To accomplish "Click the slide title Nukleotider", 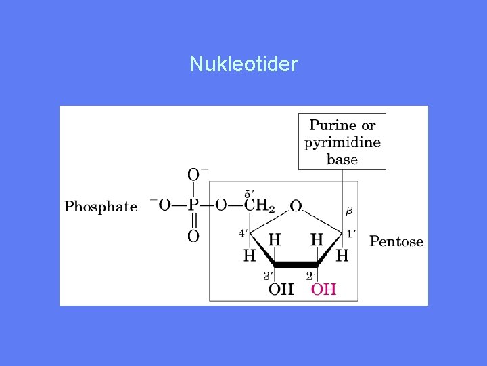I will tap(243, 64).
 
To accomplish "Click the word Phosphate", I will tap(101, 207).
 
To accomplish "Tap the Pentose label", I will tap(396, 241).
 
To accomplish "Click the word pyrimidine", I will tap(342, 142).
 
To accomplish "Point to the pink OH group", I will tap(323, 289).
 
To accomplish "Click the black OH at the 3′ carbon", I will tap(281, 289).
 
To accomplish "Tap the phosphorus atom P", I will tap(193, 205).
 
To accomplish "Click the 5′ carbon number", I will tap(248, 193).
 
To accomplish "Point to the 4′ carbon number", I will tap(242, 233).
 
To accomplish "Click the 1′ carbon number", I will tap(350, 233).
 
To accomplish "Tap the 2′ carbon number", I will tap(311, 275).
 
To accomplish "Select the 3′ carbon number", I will tap(268, 275).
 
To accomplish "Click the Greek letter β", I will tap(349, 211).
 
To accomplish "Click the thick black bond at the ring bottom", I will tap(296, 264).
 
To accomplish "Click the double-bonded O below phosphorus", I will tap(193, 236).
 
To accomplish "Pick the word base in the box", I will tap(342, 160).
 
